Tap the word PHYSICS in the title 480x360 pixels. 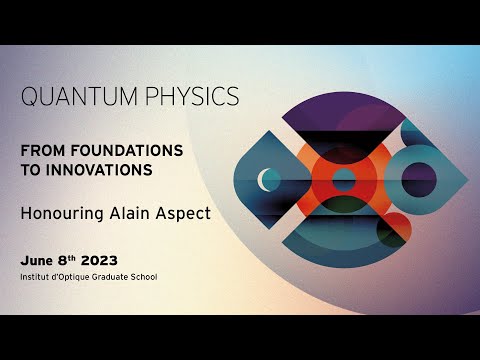tap(191, 98)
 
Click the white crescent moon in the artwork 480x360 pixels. tap(267, 180)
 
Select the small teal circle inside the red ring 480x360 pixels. tap(343, 181)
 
